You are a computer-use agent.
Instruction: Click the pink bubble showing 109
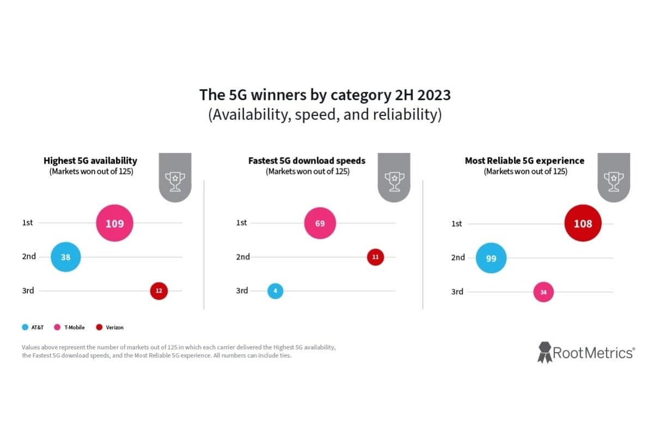(x=114, y=223)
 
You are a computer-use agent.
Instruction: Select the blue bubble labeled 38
(x=66, y=257)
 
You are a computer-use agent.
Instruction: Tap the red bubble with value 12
(x=159, y=290)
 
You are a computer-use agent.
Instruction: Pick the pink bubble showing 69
(x=320, y=223)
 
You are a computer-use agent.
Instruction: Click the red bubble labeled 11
(x=375, y=257)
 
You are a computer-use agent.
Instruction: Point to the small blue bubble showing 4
(x=275, y=290)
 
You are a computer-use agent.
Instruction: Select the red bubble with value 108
(x=583, y=223)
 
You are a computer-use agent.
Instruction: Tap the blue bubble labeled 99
(x=491, y=258)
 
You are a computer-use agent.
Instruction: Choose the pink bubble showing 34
(x=543, y=292)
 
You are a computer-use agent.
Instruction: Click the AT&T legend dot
(x=25, y=328)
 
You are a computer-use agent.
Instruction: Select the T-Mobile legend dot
(x=58, y=328)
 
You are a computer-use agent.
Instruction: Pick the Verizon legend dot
(x=99, y=328)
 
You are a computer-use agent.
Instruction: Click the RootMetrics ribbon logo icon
(x=544, y=352)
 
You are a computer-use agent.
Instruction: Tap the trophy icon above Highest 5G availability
(x=175, y=181)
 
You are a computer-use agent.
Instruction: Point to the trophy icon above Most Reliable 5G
(x=614, y=181)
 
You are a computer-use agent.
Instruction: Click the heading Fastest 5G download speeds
(x=307, y=161)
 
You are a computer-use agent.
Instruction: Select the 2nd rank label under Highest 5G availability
(x=29, y=257)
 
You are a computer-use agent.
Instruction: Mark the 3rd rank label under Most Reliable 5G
(x=457, y=292)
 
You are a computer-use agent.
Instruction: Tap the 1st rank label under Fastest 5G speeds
(x=241, y=222)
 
